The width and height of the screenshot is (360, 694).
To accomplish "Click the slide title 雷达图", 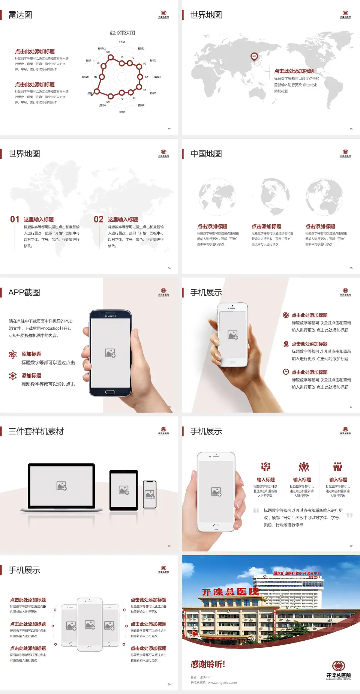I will [x=20, y=15].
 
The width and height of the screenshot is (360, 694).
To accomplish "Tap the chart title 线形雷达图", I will [x=122, y=33].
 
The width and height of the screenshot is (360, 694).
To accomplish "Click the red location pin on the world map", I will [x=254, y=57].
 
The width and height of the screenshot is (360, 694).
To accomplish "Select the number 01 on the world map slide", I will [x=15, y=219].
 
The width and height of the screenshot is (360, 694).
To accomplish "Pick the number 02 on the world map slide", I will [x=99, y=219].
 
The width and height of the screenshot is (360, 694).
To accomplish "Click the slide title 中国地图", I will [x=206, y=154].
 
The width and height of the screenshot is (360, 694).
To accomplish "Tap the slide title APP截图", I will [x=24, y=293].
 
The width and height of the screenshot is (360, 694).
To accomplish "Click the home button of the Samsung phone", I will [x=110, y=392].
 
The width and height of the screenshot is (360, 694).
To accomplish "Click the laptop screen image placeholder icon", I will [x=61, y=486].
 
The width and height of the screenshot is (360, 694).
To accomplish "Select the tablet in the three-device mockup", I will [x=124, y=490].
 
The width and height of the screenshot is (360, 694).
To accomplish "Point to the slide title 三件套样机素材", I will [x=36, y=431].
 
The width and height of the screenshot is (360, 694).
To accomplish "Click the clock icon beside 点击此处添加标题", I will [x=286, y=372].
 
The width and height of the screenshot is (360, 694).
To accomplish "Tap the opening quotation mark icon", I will [x=256, y=511].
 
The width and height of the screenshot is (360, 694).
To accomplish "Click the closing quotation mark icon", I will [x=349, y=515].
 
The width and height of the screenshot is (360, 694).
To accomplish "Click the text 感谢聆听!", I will [x=208, y=664].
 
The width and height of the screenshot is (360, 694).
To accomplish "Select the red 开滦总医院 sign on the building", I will [x=230, y=592].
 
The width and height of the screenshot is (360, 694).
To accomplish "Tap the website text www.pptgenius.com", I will [x=222, y=683].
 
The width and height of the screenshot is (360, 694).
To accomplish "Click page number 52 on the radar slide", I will [x=169, y=129].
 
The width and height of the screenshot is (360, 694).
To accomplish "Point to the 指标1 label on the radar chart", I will [x=122, y=42].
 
